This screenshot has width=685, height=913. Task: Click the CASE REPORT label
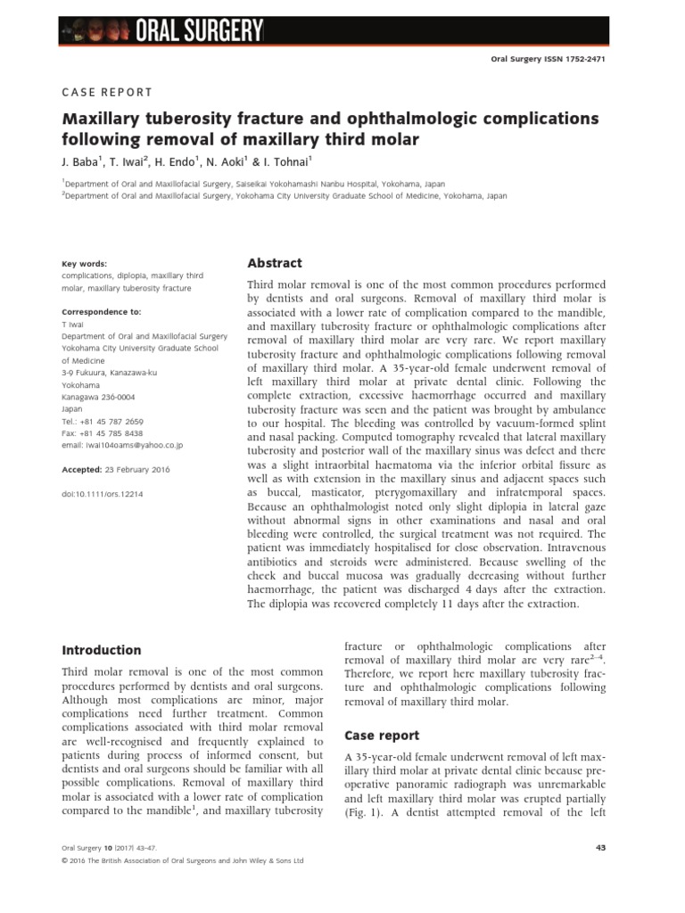tap(106, 92)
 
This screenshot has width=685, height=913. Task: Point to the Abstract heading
tap(274, 263)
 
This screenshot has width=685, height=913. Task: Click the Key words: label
tap(84, 264)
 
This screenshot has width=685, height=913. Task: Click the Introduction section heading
tap(101, 650)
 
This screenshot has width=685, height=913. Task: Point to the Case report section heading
tap(382, 735)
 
